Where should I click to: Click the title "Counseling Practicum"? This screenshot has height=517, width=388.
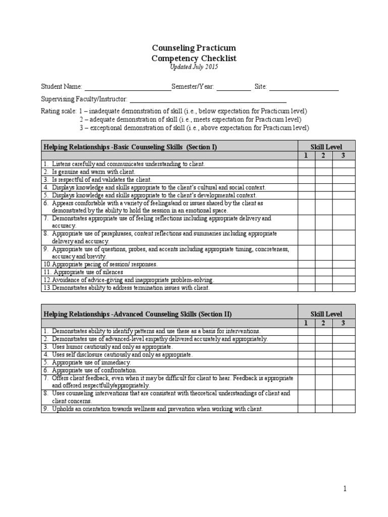point(194,48)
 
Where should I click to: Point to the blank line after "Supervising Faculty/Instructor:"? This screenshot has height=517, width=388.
point(208,99)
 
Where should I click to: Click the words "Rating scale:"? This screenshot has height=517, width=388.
point(58,111)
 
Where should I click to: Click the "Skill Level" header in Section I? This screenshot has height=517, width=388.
point(326,146)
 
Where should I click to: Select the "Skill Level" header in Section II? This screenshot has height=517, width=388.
point(326,314)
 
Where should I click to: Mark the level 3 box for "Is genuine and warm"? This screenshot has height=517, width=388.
point(344,172)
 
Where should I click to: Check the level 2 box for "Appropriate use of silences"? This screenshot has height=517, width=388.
point(323,272)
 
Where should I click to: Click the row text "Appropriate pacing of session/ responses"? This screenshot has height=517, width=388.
point(104,264)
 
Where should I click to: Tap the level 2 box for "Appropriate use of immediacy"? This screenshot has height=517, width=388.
point(323,363)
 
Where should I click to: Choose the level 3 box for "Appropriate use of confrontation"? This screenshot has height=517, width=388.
point(344,370)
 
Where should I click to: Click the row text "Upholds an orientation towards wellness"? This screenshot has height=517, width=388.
point(157,409)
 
